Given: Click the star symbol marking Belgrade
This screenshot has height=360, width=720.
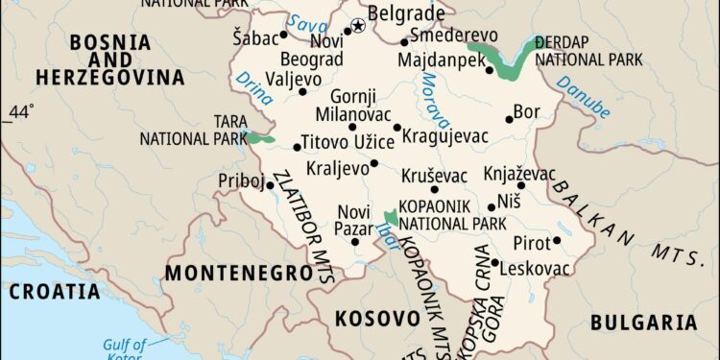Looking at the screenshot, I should click(359, 26).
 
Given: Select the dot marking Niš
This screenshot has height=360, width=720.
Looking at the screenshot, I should click(492, 206).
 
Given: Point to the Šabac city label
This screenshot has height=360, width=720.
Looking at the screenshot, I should click(253, 37).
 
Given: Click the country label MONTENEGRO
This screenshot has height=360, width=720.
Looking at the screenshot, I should click(238, 274).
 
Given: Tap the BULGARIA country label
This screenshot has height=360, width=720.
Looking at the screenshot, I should click(643, 323).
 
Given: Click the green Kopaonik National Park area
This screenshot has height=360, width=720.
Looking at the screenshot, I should click(391, 218).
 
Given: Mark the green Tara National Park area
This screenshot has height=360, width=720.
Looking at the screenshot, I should click(259, 140).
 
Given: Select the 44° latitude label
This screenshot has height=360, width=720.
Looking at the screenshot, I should click(19, 114).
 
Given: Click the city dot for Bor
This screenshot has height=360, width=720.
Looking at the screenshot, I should click(510, 120).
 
